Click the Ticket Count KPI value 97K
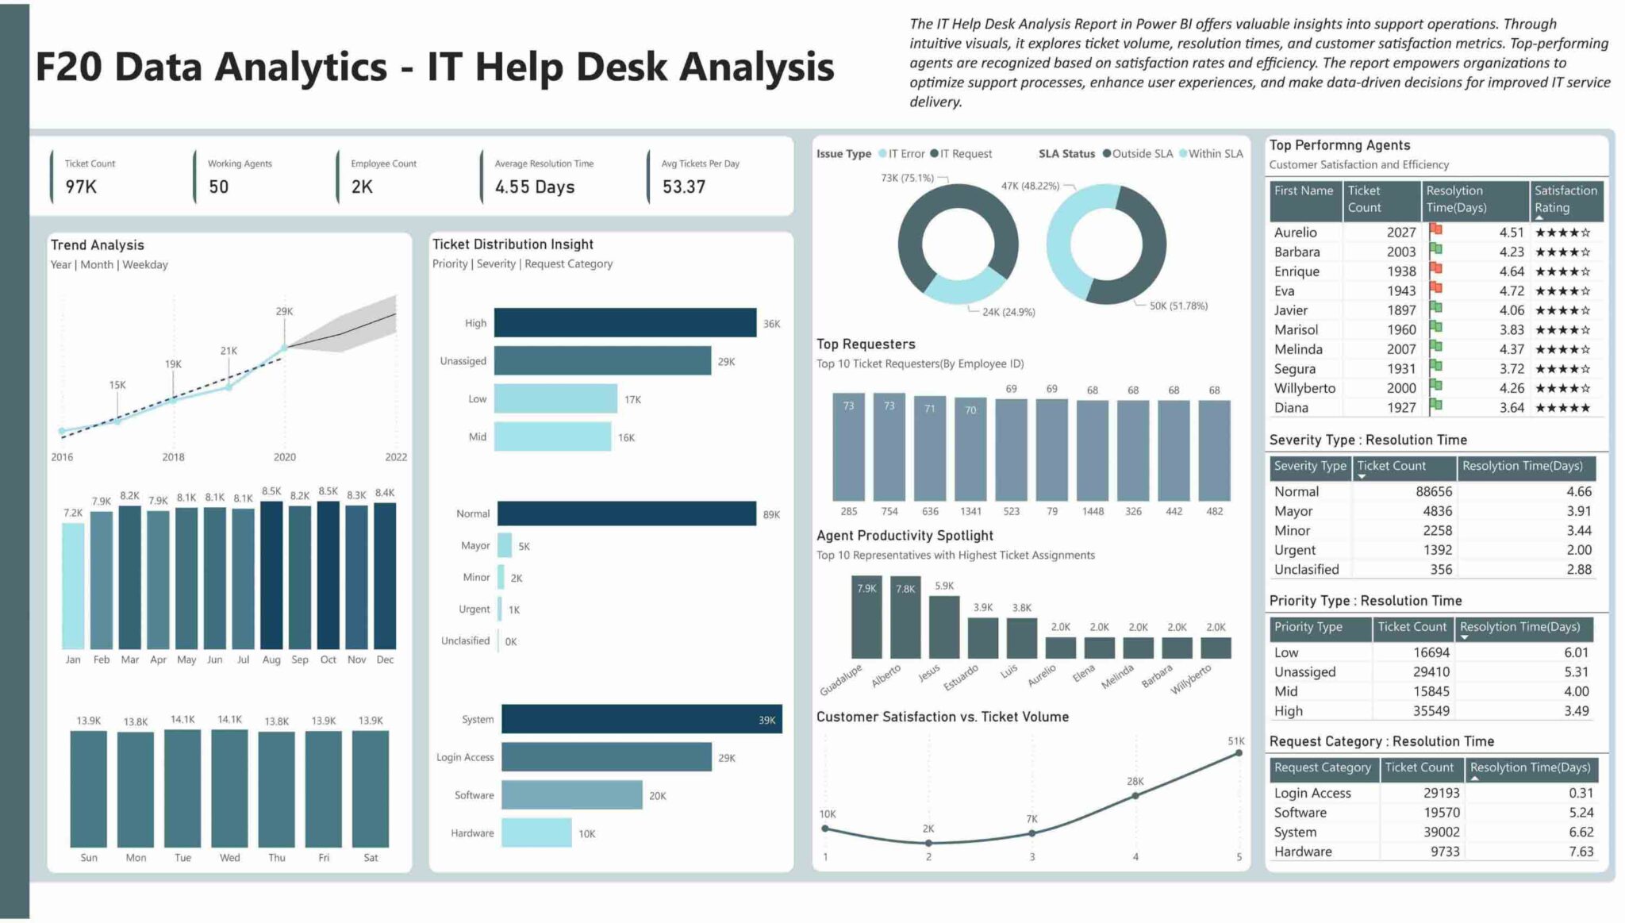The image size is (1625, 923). [81, 187]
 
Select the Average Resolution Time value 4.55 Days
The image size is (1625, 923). [534, 187]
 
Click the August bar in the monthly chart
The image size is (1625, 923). [271, 575]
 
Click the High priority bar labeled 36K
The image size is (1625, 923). [624, 323]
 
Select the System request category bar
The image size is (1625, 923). [641, 719]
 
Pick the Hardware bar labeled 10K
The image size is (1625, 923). [536, 833]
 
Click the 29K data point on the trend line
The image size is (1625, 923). [284, 348]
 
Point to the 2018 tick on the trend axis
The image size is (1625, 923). [173, 457]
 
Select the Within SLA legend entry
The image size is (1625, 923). [1211, 154]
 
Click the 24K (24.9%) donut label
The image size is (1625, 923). [1008, 312]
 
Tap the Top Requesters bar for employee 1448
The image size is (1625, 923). [1093, 450]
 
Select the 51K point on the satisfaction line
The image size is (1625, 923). [1238, 754]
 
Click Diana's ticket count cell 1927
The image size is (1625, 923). [1400, 408]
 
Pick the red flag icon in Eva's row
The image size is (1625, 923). [1435, 290]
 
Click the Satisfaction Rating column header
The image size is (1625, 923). [1565, 199]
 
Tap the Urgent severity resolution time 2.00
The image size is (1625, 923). [1578, 550]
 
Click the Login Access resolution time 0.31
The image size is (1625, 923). [1581, 793]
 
